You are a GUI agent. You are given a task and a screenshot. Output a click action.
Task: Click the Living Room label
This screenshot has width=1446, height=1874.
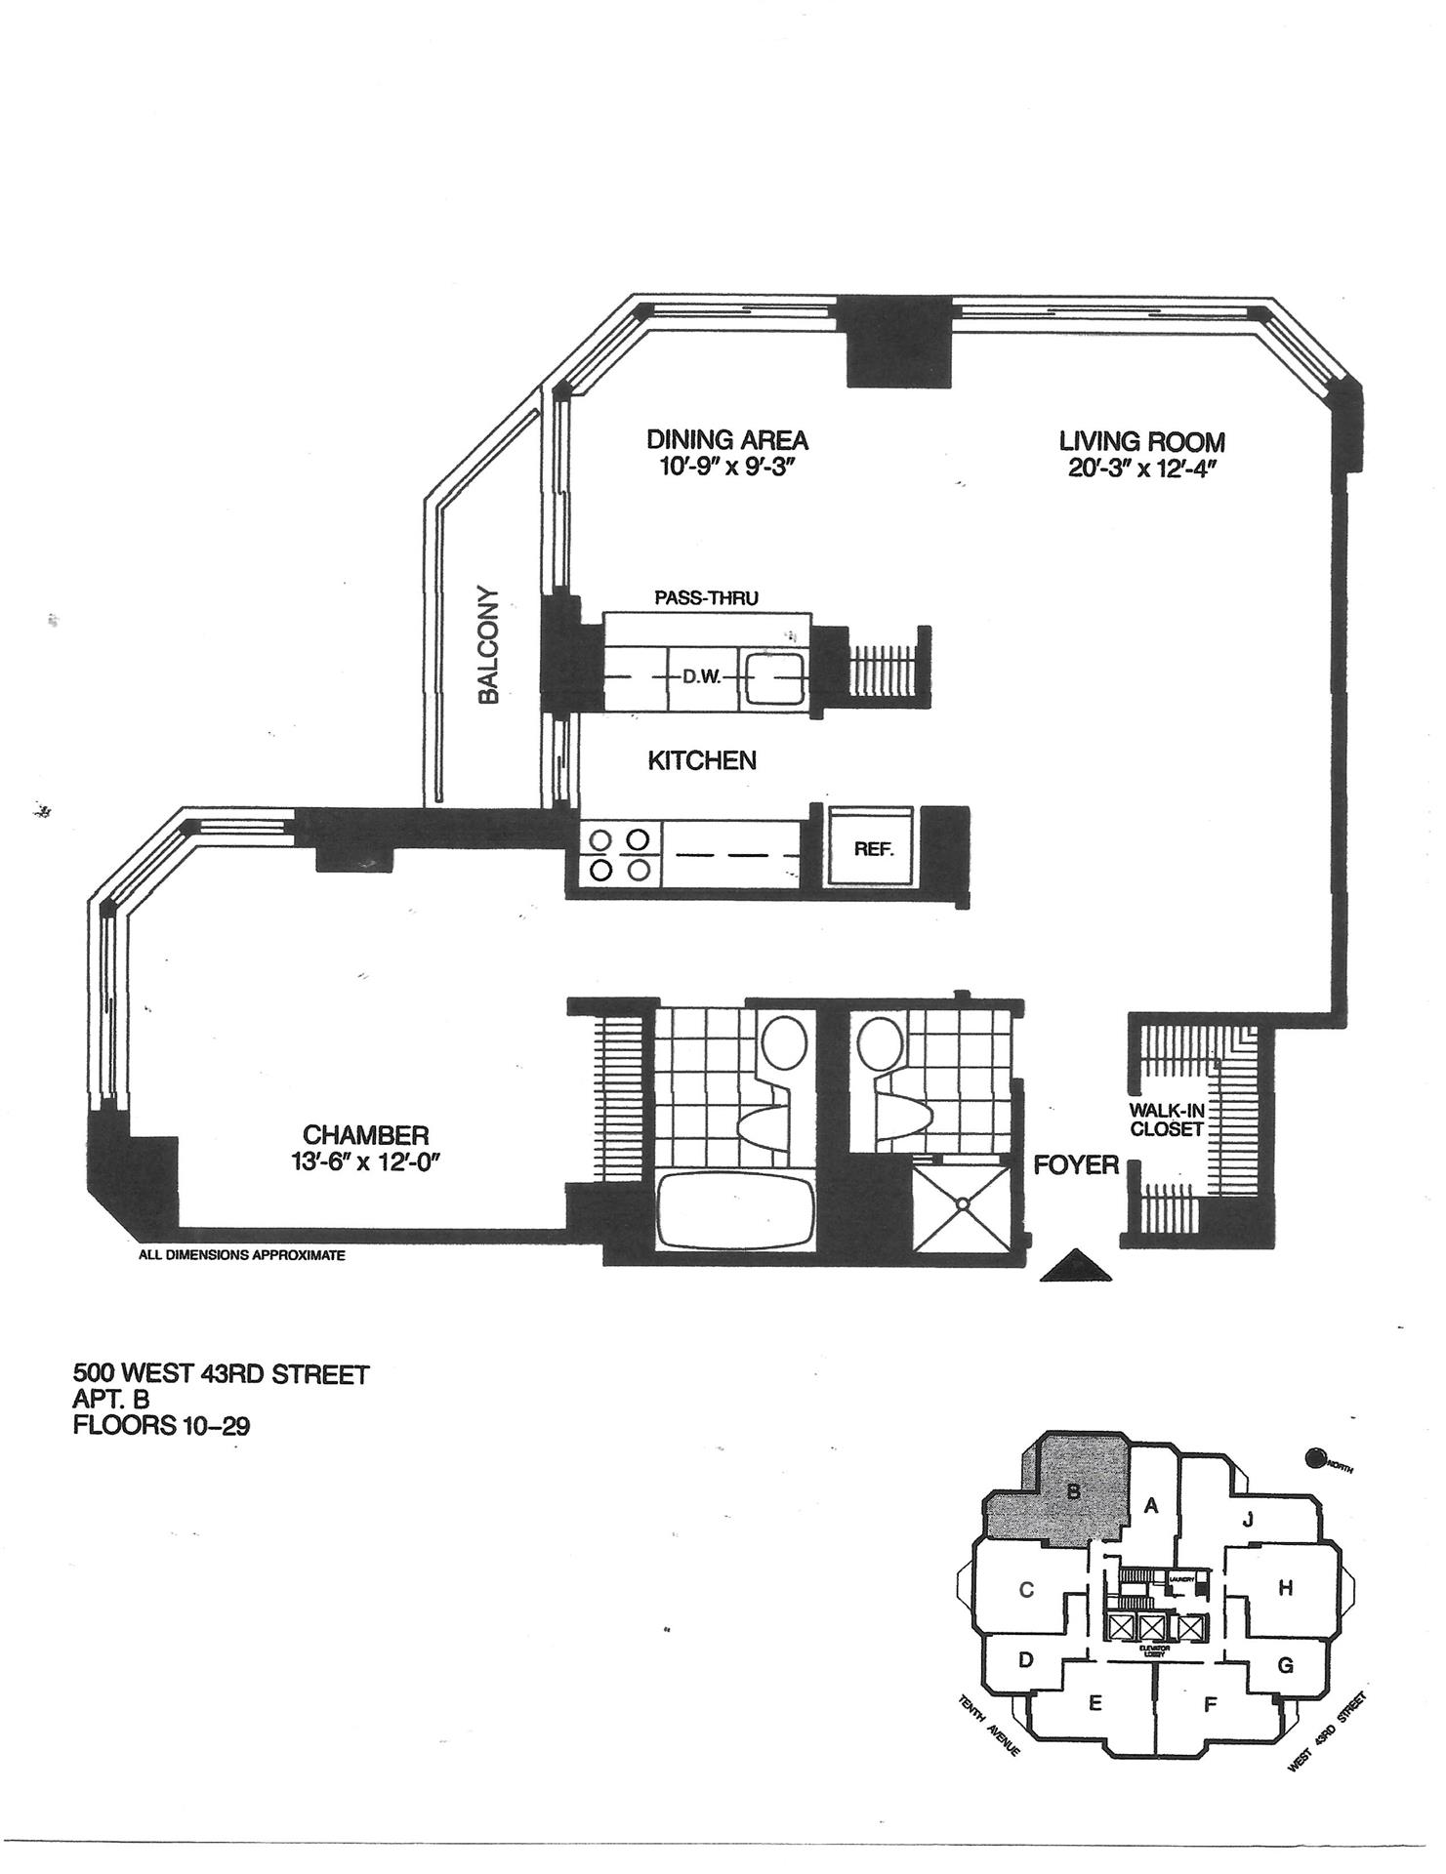[1141, 441]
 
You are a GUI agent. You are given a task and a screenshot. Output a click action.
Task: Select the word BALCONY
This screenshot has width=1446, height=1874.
[488, 644]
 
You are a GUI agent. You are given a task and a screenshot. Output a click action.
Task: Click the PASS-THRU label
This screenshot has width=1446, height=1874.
[706, 597]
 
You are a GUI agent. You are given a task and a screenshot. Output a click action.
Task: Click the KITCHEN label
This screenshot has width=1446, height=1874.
[702, 760]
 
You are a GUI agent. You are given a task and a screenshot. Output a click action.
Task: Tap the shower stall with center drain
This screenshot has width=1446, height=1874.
[962, 1204]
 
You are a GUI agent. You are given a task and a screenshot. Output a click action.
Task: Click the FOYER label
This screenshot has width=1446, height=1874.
[1076, 1165]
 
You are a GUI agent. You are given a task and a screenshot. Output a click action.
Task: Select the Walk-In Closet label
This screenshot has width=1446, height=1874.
[1166, 1120]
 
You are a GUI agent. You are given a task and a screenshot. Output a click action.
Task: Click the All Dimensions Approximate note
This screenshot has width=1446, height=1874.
[242, 1256]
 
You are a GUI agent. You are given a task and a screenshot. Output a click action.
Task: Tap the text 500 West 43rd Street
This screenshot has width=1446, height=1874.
[222, 1375]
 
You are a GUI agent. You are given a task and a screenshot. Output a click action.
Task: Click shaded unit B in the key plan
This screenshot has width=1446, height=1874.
[1072, 1490]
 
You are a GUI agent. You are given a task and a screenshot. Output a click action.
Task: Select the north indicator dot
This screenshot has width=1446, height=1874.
[1316, 1459]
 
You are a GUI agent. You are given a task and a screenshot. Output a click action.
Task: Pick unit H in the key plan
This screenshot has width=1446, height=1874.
[1286, 1588]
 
